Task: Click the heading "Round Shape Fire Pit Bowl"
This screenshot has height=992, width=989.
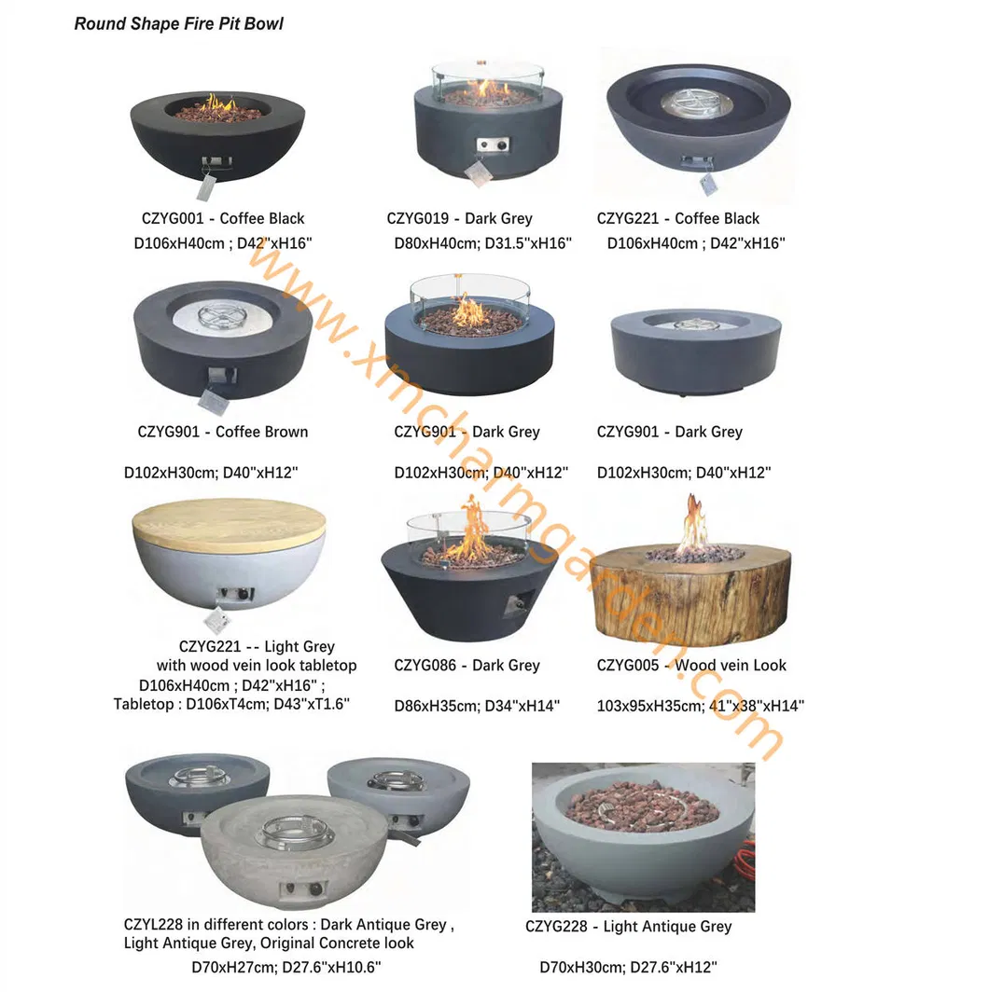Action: coord(178,23)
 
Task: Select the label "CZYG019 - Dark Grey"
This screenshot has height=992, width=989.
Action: coord(459,219)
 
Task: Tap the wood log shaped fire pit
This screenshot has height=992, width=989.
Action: coord(690,593)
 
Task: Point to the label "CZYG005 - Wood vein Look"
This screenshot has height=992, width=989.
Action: coord(691,666)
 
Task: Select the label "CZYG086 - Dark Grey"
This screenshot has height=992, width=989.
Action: coord(467,666)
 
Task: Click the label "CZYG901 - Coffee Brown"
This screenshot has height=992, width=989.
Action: coord(222,432)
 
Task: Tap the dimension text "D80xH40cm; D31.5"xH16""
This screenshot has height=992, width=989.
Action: coord(482,244)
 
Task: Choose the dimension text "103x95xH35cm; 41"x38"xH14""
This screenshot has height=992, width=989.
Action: coord(700,706)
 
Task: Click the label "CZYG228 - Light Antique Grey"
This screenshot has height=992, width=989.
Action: coord(628,927)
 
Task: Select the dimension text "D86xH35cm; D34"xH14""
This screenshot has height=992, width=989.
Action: coord(476,706)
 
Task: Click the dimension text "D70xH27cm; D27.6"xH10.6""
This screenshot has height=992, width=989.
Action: coord(286,968)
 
